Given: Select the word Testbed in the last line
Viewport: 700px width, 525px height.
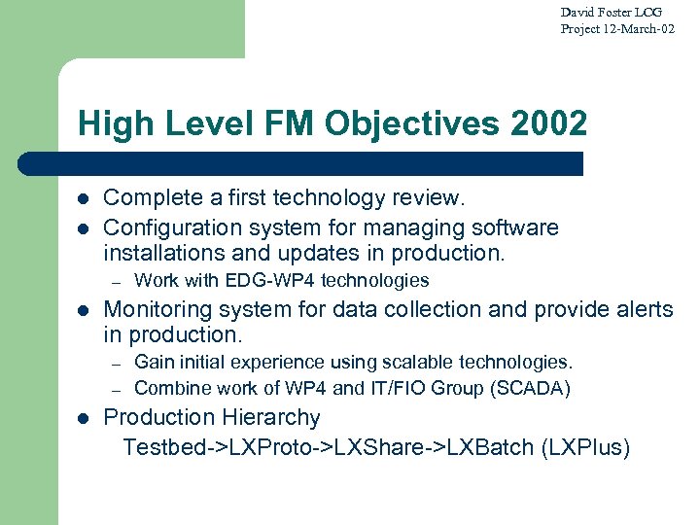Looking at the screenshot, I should coord(160,447).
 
